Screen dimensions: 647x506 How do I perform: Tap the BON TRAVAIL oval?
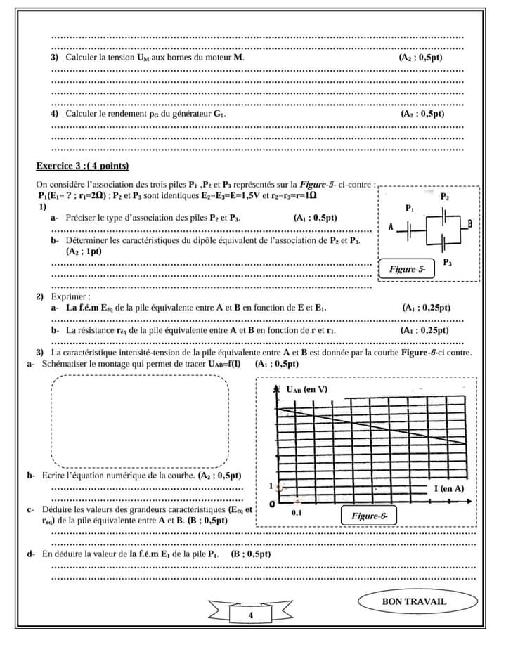(x=414, y=601)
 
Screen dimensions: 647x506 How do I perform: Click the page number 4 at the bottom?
(x=250, y=615)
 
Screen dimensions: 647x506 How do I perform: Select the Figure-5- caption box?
(x=408, y=268)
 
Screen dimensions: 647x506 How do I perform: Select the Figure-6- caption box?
(x=370, y=516)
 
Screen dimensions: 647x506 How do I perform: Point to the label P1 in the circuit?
(x=410, y=209)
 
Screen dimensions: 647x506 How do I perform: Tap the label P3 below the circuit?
(x=448, y=261)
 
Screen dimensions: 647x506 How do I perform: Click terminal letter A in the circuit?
(x=391, y=227)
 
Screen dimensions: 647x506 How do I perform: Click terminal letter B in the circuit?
(x=469, y=223)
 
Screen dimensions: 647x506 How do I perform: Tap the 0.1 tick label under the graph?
(x=297, y=514)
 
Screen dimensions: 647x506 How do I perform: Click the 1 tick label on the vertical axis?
(x=272, y=486)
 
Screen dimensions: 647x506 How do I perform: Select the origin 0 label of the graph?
(x=272, y=504)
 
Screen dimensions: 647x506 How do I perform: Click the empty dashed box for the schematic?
(x=141, y=421)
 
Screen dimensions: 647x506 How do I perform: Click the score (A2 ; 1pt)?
(x=84, y=251)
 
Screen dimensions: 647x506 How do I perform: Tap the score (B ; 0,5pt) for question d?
(x=251, y=554)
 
